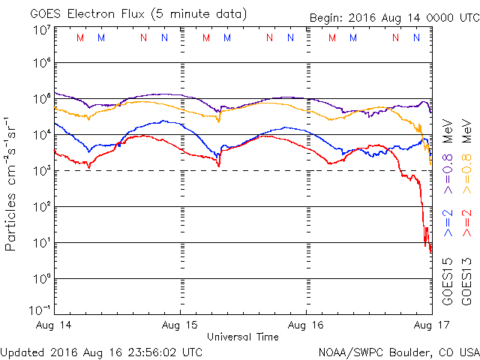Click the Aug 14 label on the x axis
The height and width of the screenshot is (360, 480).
(x=55, y=325)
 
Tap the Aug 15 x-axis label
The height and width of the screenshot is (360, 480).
(x=181, y=325)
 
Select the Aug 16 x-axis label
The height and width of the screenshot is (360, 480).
(x=307, y=325)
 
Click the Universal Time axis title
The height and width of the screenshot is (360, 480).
(x=243, y=337)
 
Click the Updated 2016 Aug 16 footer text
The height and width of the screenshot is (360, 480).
(x=101, y=351)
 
